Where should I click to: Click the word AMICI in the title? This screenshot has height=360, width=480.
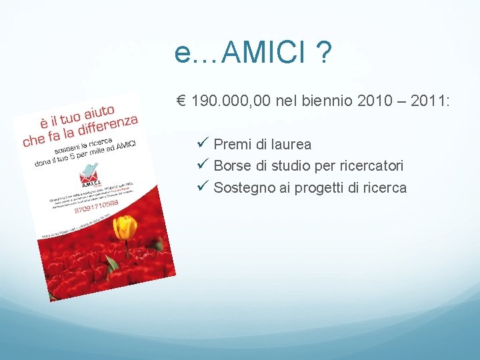tap(263, 53)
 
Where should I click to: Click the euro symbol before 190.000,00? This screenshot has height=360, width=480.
tap(181, 101)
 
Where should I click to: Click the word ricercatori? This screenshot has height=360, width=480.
tap(371, 166)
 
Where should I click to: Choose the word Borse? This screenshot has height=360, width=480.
tap(231, 166)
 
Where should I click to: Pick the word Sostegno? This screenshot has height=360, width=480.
tap(241, 188)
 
